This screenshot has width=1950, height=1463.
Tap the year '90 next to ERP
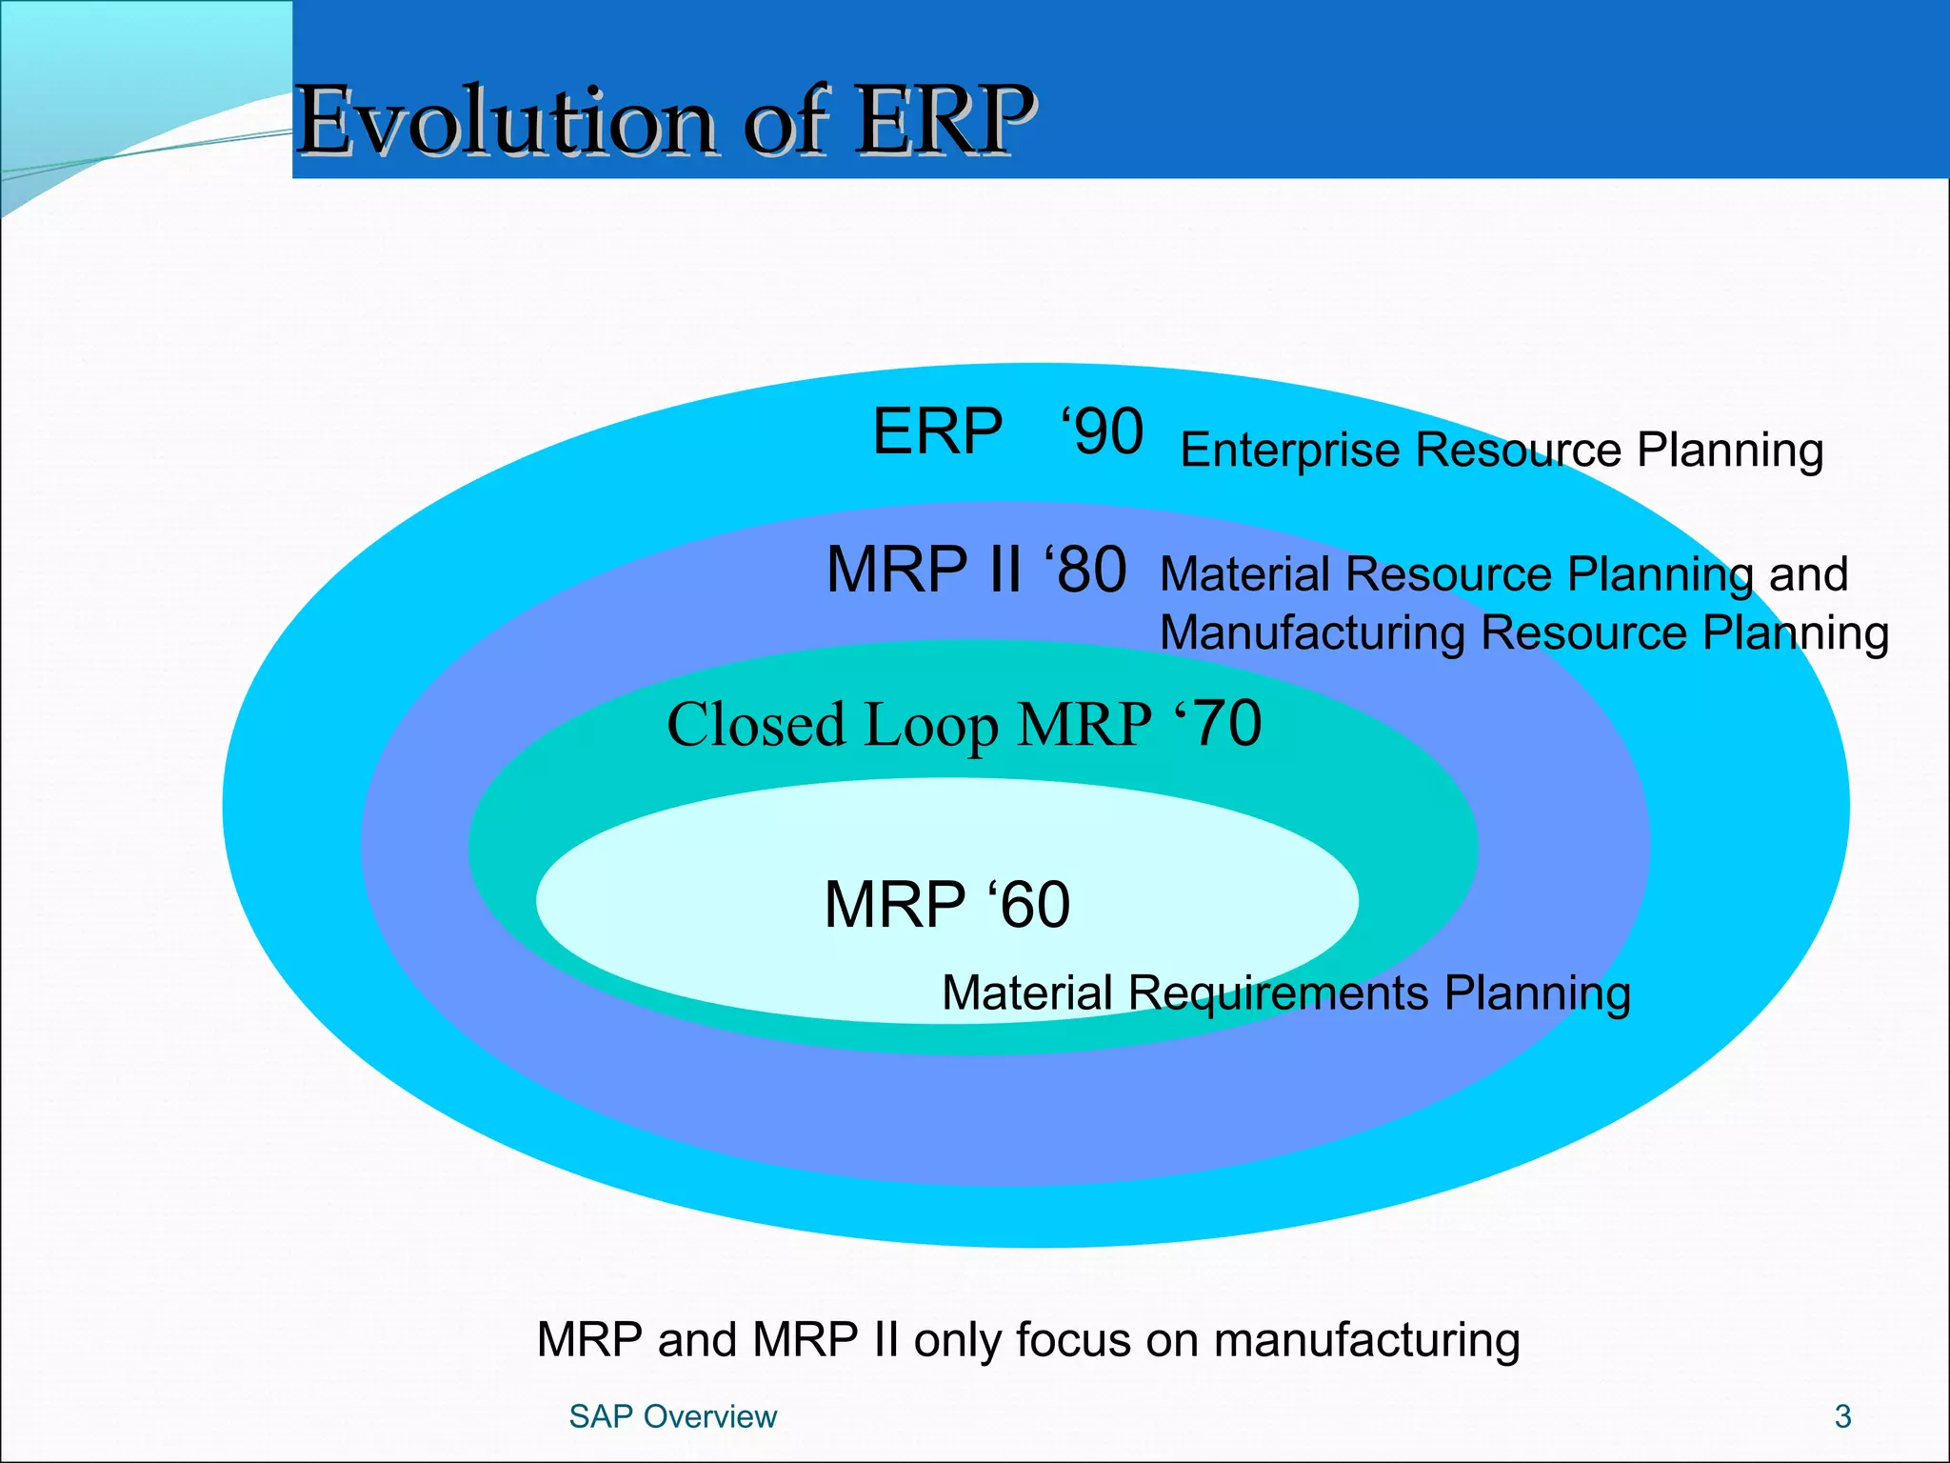[1103, 431]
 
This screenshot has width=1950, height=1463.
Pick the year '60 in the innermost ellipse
[1029, 904]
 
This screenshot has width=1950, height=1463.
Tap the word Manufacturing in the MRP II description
[1312, 633]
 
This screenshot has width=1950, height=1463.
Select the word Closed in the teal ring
[756, 725]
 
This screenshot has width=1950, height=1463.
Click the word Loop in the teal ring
[931, 727]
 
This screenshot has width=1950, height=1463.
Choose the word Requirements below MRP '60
[1278, 993]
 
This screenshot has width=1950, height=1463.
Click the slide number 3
[1842, 1416]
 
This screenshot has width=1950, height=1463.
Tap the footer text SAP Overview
[672, 1416]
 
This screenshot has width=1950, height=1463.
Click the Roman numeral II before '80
[1005, 571]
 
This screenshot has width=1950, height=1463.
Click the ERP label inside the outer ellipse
[937, 431]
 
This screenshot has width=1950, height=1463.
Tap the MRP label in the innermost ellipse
[894, 904]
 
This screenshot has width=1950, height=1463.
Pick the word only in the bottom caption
[958, 1340]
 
